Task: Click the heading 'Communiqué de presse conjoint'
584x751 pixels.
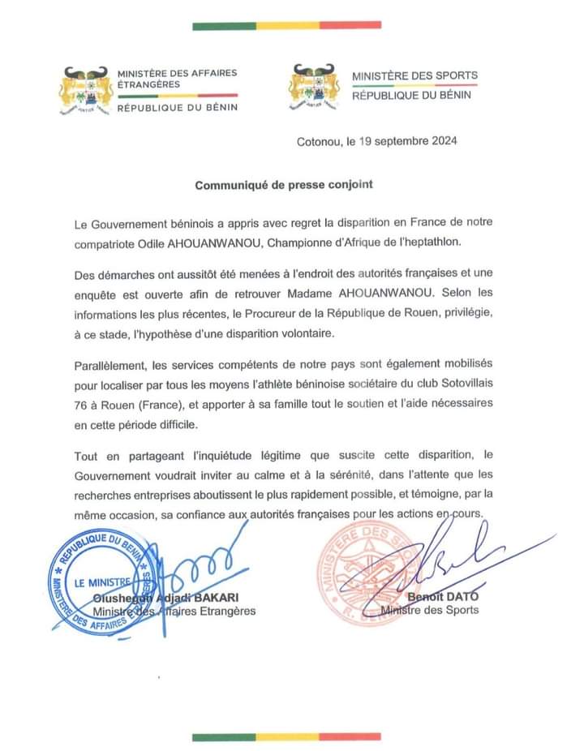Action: [x=284, y=184]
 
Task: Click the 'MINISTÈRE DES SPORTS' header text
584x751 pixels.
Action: [x=414, y=75]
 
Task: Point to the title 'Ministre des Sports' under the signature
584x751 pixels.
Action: [x=429, y=610]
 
